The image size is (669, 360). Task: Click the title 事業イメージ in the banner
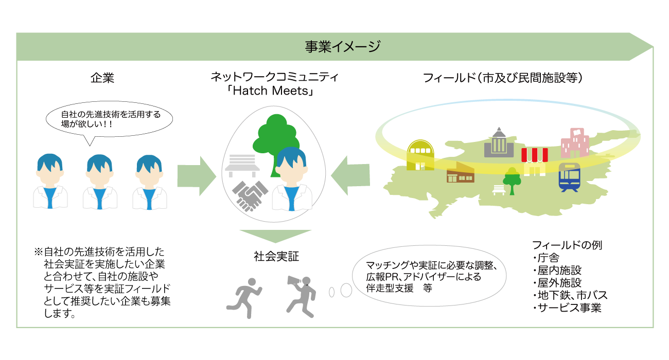click(x=343, y=47)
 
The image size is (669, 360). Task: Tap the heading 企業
click(x=102, y=78)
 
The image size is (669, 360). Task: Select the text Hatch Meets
click(x=270, y=91)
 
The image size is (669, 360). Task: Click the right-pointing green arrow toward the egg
click(x=197, y=176)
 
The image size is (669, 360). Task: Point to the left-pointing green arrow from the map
click(x=350, y=175)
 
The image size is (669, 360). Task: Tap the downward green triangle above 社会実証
click(x=275, y=236)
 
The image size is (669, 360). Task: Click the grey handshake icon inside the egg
click(x=250, y=196)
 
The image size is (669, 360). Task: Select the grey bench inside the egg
click(x=242, y=166)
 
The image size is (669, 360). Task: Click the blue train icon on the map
click(x=569, y=177)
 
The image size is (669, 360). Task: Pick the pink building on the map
click(x=575, y=143)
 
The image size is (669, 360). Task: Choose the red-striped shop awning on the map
click(x=535, y=155)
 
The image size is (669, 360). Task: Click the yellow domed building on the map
click(x=420, y=155)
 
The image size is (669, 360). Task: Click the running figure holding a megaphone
click(x=301, y=297)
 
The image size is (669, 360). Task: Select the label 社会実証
click(x=276, y=257)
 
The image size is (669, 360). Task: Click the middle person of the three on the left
click(x=100, y=182)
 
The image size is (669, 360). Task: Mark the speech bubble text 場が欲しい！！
click(x=86, y=124)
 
